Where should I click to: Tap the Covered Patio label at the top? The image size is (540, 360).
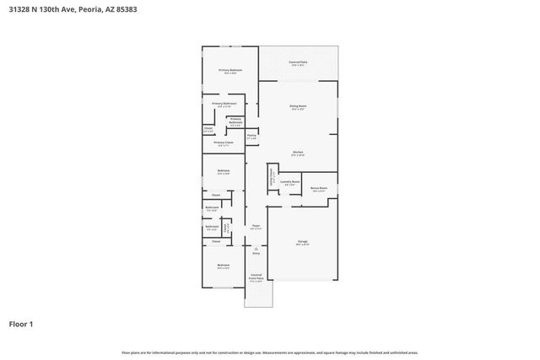pyautogui.click(x=298, y=62)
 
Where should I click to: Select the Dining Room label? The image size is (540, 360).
pyautogui.click(x=298, y=105)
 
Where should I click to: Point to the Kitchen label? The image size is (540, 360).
pyautogui.click(x=298, y=152)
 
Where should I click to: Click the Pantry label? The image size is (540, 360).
pyautogui.click(x=251, y=135)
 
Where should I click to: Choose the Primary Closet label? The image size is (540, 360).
pyautogui.click(x=223, y=142)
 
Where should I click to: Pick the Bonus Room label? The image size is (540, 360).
pyautogui.click(x=319, y=189)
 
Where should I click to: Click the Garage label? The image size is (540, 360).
pyautogui.click(x=302, y=242)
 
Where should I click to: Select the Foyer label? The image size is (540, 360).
pyautogui.click(x=256, y=226)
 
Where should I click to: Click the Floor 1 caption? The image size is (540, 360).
pyautogui.click(x=20, y=323)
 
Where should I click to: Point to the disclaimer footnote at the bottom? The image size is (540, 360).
pyautogui.click(x=269, y=352)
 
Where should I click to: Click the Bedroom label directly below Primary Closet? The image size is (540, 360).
pyautogui.click(x=223, y=171)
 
